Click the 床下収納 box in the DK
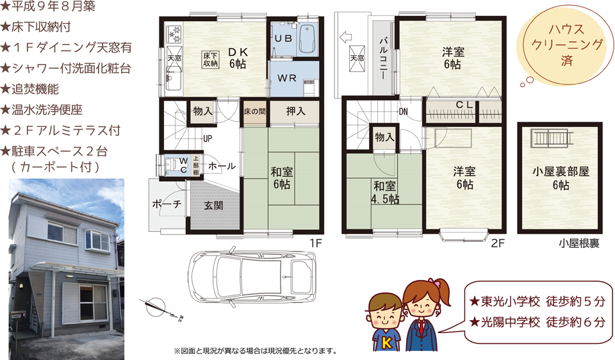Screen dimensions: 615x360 pyautogui.click(x=211, y=60)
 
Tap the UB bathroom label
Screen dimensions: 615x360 pyautogui.click(x=283, y=38)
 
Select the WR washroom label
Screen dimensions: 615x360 pyautogui.click(x=287, y=78)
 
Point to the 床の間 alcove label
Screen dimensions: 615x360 pyautogui.click(x=254, y=111)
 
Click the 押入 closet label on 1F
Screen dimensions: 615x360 pyautogui.click(x=295, y=111)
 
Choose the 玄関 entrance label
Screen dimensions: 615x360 pyautogui.click(x=214, y=205)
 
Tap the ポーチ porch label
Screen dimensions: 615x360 pyautogui.click(x=167, y=204)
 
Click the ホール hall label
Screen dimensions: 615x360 pyautogui.click(x=222, y=166)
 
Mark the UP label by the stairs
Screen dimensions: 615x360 pyautogui.click(x=208, y=138)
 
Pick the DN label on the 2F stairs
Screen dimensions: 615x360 pyautogui.click(x=403, y=111)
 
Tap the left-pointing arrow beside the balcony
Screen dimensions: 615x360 pyautogui.click(x=345, y=37)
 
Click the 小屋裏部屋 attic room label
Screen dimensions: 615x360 pyautogui.click(x=561, y=172)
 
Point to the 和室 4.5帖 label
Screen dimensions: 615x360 pyautogui.click(x=385, y=192)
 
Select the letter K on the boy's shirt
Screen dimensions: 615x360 pyautogui.click(x=386, y=343)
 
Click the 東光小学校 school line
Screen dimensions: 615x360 pyautogui.click(x=537, y=301)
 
